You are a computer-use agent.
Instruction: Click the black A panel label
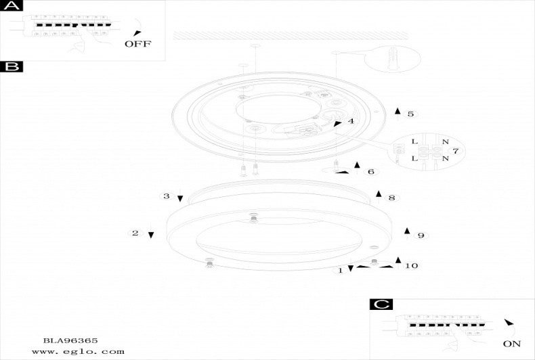pos(12,5)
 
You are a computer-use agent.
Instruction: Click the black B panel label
pos(12,67)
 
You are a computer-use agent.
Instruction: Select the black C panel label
pos(381,304)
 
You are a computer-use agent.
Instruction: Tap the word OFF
pos(138,44)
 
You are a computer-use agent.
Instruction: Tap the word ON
pos(512,344)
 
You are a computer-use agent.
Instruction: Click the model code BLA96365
pos(70,340)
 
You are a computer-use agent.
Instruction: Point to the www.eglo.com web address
pos(78,351)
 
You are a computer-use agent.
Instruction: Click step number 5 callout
pos(410,114)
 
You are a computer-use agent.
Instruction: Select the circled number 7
pos(456,151)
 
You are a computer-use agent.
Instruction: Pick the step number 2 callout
pos(135,233)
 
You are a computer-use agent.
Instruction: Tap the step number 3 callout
pos(166,196)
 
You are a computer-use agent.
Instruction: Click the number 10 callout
pos(411,265)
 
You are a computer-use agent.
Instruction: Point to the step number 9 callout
pos(421,235)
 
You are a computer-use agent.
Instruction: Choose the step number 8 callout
pos(391,198)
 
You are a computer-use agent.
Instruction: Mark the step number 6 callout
pos(371,171)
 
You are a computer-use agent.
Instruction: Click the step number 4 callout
pos(351,121)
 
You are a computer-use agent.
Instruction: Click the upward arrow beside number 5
pos(398,114)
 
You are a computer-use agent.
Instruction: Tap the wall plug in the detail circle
pos(393,59)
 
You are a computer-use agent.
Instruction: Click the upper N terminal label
pos(445,141)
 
